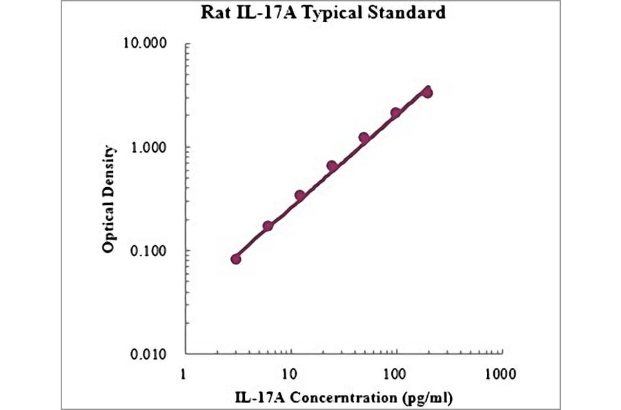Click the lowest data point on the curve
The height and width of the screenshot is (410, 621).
click(236, 259)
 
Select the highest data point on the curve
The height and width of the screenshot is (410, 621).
click(427, 92)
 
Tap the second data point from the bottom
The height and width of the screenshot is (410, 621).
click(268, 226)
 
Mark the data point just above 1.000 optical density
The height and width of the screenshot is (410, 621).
click(364, 137)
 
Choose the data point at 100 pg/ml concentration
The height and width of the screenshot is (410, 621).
click(395, 113)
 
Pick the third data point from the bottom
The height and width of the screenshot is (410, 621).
click(299, 195)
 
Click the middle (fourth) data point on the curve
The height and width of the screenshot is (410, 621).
click(332, 166)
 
